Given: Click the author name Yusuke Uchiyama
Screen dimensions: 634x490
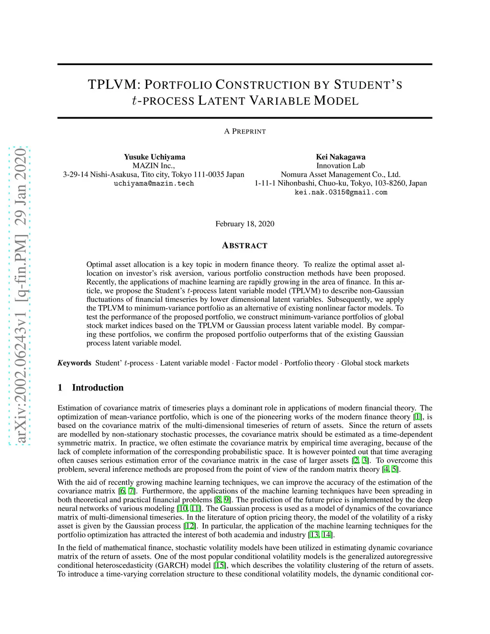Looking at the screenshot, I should (154, 157).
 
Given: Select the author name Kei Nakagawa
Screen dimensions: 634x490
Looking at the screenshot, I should (340, 157).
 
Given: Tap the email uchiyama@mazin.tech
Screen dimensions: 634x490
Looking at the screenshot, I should (154, 183).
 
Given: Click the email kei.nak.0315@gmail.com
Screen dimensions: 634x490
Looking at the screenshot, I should (340, 192).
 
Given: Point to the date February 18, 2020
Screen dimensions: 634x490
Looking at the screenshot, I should (245, 224).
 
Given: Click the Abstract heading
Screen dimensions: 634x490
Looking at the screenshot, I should (245, 245).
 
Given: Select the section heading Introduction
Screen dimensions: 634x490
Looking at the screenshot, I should (98, 388).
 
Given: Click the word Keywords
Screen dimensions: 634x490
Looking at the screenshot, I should (74, 363).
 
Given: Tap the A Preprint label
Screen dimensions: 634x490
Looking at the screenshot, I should (245, 131).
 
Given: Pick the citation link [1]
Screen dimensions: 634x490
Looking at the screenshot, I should (418, 417).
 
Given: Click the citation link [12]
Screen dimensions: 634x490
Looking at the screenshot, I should (190, 526).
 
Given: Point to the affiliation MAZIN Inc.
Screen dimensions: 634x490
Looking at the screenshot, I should (154, 166).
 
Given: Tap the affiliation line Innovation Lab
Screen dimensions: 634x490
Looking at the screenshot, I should (340, 166).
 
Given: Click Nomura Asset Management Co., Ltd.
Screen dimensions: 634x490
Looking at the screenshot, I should (340, 175).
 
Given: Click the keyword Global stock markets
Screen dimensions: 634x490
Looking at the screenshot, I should (375, 363).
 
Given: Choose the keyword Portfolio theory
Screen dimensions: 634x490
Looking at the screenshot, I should (309, 363).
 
